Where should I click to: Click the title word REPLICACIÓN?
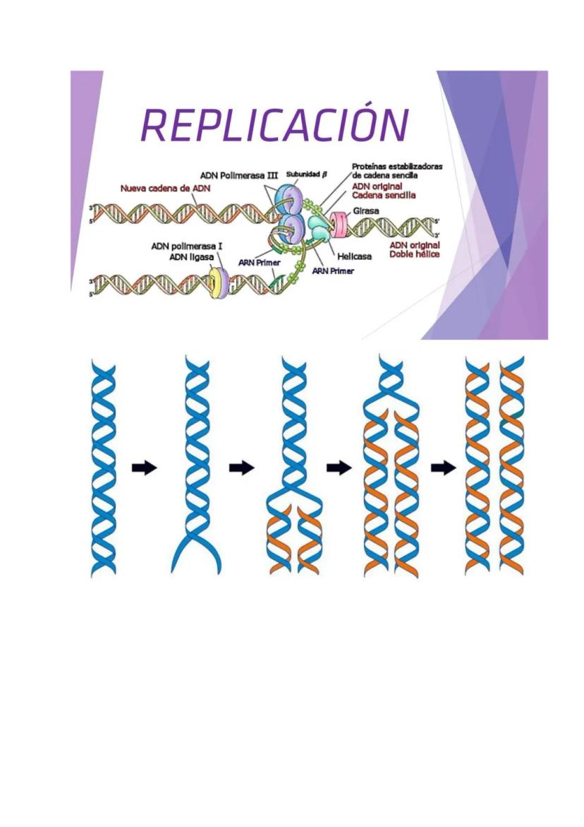click(275, 126)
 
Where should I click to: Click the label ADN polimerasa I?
click(187, 246)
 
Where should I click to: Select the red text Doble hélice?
click(415, 254)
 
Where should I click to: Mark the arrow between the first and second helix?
click(145, 468)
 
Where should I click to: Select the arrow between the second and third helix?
click(242, 468)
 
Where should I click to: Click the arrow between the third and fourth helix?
click(339, 468)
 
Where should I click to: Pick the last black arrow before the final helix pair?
click(443, 468)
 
